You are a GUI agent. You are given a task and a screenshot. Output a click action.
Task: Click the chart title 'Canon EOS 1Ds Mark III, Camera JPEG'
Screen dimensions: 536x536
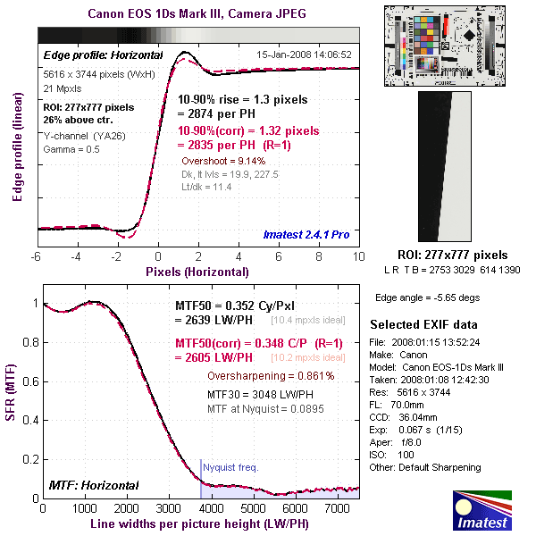click(197, 14)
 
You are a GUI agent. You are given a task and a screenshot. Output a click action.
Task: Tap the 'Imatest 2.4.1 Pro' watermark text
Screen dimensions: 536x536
click(306, 234)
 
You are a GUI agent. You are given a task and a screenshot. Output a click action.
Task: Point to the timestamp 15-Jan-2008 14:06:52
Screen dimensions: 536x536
click(304, 54)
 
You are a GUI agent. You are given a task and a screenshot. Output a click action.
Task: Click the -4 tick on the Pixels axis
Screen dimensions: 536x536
click(76, 257)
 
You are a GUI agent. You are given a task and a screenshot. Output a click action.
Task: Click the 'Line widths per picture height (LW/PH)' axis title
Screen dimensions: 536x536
click(199, 523)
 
